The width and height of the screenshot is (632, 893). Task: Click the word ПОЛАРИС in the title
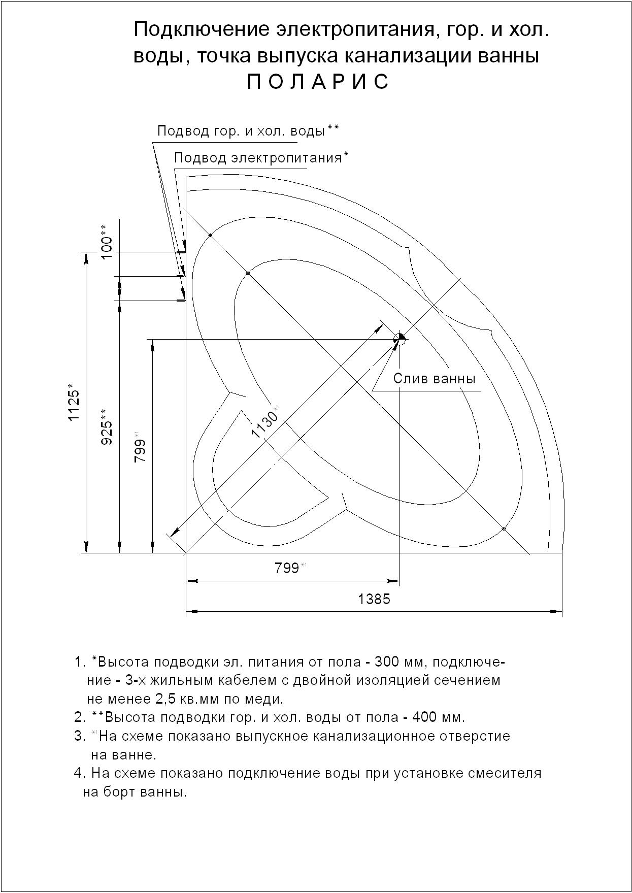[x=318, y=82]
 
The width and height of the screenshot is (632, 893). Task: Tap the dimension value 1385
[x=374, y=600]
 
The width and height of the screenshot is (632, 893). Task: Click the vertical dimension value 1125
[x=74, y=403]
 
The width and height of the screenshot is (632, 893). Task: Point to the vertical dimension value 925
[x=107, y=427]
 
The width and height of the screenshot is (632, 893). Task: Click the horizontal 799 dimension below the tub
[x=287, y=568]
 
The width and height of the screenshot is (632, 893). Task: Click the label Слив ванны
[x=435, y=379]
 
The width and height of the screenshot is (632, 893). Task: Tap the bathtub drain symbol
[x=400, y=338]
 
